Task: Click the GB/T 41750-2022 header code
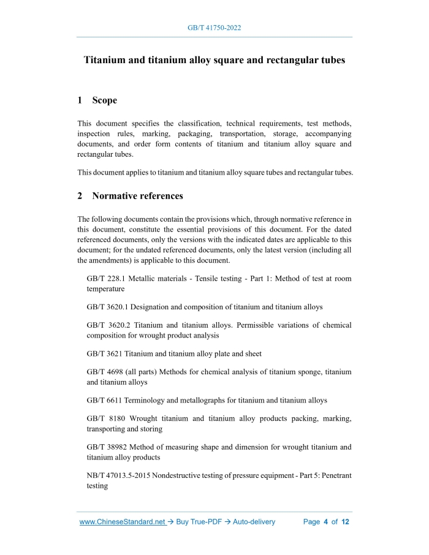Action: point(214,28)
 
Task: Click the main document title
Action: point(214,61)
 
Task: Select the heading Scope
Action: point(104,100)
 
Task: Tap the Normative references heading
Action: point(137,196)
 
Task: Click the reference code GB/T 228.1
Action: point(107,279)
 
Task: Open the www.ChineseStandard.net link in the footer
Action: point(123,522)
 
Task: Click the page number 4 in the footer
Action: point(326,522)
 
